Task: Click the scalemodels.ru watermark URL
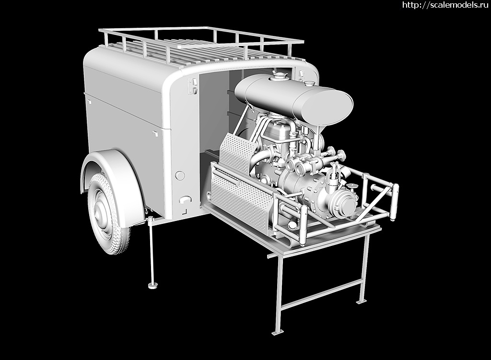click(445, 5)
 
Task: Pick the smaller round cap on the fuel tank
click(309, 83)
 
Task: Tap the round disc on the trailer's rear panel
click(180, 175)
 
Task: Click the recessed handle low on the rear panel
click(185, 199)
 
